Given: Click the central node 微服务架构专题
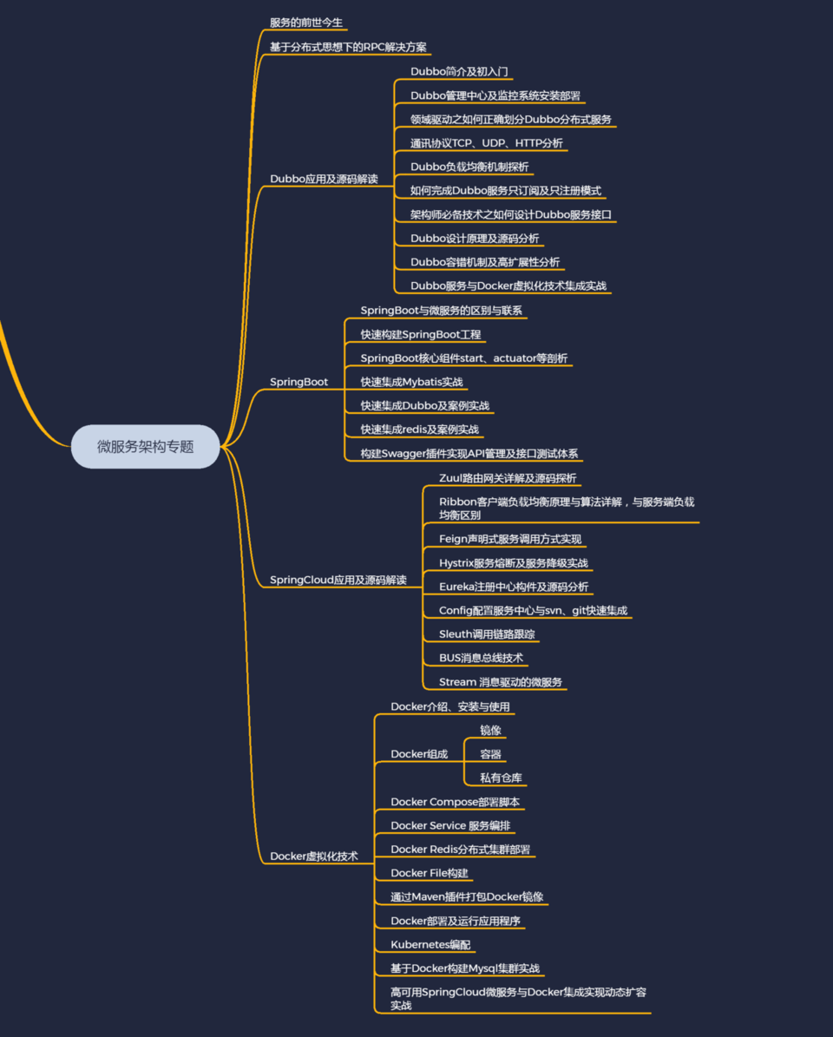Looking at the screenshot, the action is pyautogui.click(x=146, y=446).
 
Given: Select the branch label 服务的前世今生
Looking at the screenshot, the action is pyautogui.click(x=306, y=23).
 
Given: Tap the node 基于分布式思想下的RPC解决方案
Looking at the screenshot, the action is pyautogui.click(x=348, y=47).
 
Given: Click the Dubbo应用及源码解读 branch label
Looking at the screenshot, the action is pyautogui.click(x=324, y=179).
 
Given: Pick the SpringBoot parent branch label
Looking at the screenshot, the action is pyautogui.click(x=298, y=382).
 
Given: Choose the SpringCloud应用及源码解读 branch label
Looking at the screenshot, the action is pyautogui.click(x=338, y=580).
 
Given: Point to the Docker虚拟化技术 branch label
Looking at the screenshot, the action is pyautogui.click(x=314, y=856).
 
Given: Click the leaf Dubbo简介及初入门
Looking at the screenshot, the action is pyautogui.click(x=459, y=71).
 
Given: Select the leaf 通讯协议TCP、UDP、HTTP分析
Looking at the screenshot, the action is pyautogui.click(x=487, y=143).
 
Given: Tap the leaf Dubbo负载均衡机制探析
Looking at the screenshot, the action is pyautogui.click(x=469, y=167).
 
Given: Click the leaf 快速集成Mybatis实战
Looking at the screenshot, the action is pyautogui.click(x=411, y=382).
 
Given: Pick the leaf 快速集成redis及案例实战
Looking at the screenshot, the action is pyautogui.click(x=419, y=430).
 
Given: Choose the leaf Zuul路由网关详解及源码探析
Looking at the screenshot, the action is pyautogui.click(x=508, y=478).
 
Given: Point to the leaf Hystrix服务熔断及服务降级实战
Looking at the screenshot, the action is pyautogui.click(x=514, y=563).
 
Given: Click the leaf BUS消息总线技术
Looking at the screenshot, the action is pyautogui.click(x=482, y=658).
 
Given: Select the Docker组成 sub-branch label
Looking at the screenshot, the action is pyautogui.click(x=419, y=754).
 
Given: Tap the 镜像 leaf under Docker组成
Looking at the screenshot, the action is pyautogui.click(x=490, y=730).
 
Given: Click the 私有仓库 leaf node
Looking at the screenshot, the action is pyautogui.click(x=502, y=778).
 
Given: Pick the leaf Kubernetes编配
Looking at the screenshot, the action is pyautogui.click(x=430, y=944).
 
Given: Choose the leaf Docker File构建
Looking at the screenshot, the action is pyautogui.click(x=429, y=873).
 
